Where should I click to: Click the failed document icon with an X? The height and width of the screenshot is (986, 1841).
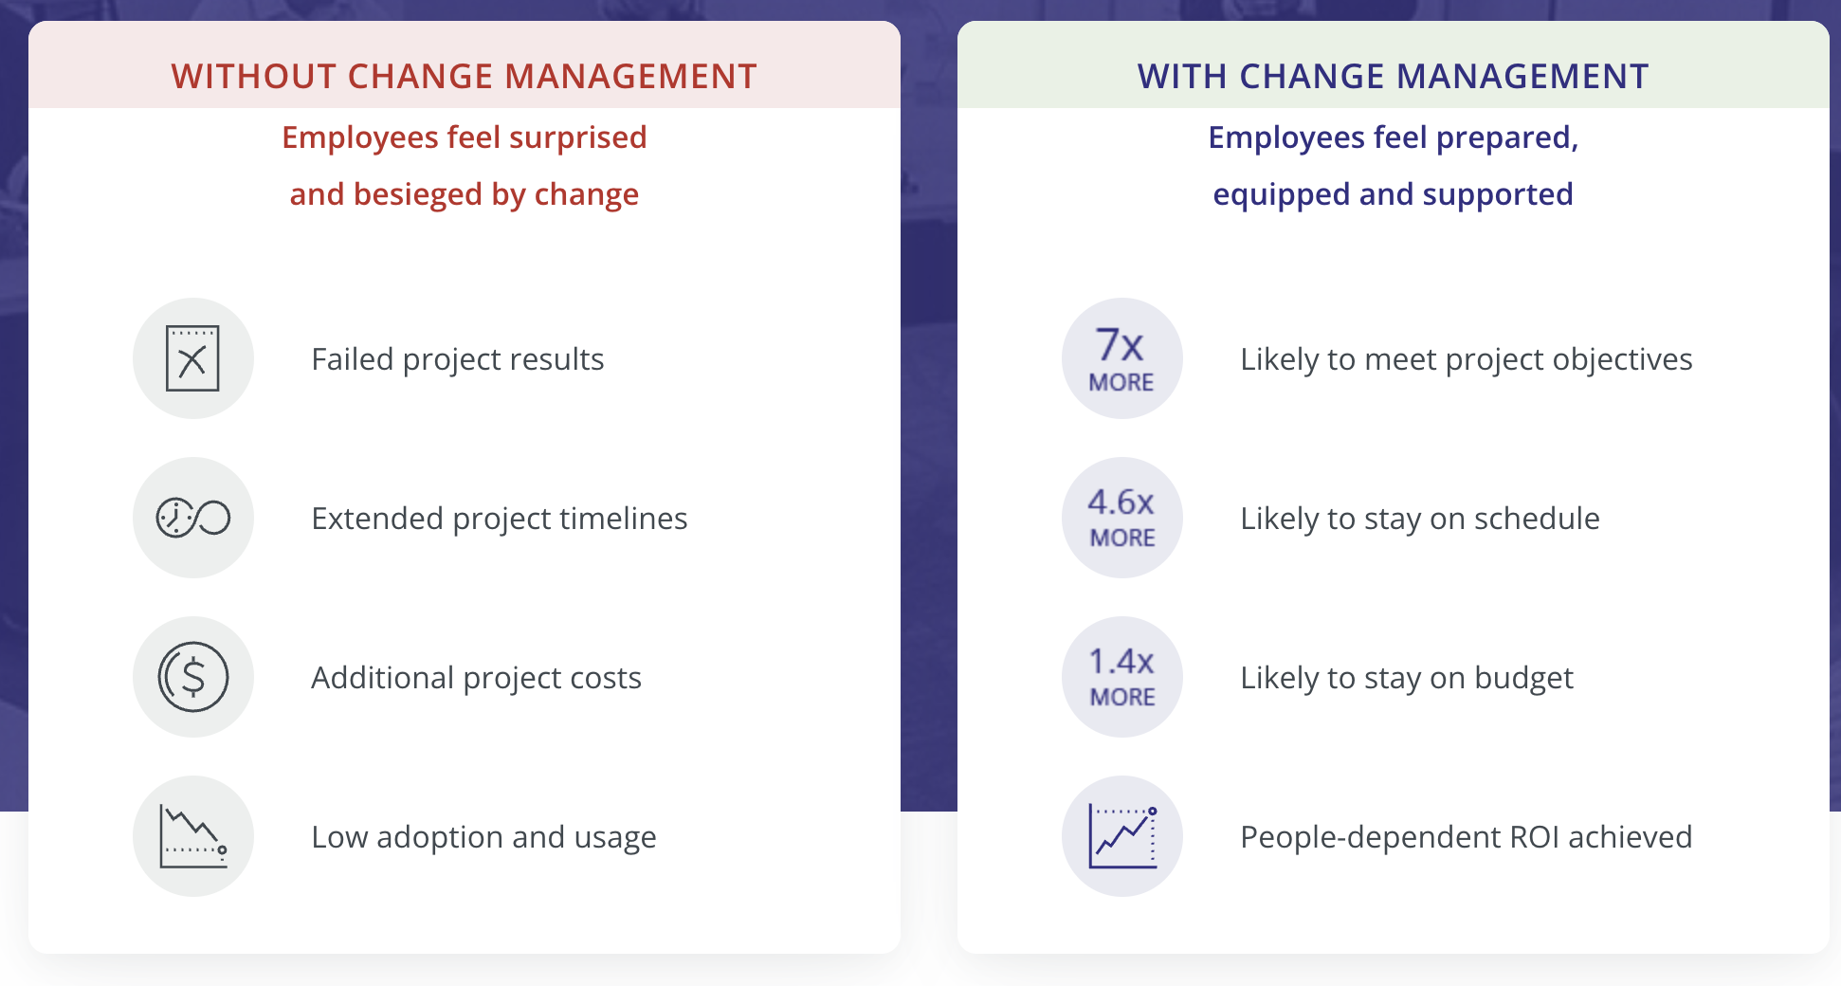tap(192, 358)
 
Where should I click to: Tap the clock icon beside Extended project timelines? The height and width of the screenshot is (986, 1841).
tap(192, 518)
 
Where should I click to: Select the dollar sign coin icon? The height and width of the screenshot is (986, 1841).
tap(192, 677)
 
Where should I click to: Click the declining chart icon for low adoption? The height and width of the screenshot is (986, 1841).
tap(192, 836)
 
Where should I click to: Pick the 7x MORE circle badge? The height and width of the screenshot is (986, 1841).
tap(1121, 358)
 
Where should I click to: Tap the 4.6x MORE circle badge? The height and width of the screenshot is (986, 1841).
tap(1121, 518)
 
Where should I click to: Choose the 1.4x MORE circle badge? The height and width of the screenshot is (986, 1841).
tap(1121, 677)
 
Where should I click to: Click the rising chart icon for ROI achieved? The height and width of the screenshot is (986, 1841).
tap(1121, 836)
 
